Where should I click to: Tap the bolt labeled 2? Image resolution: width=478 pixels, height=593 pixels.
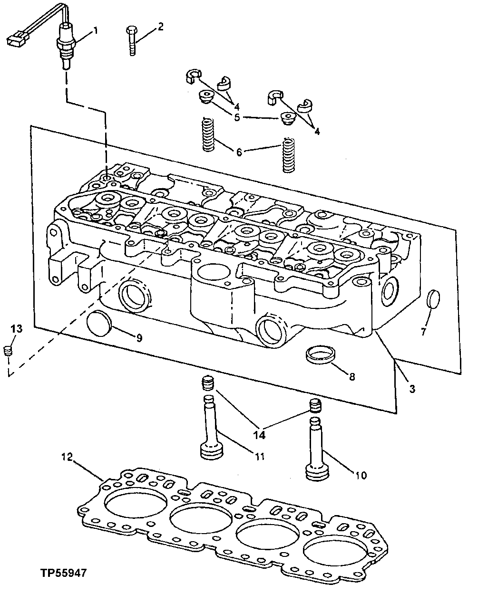coord(131,41)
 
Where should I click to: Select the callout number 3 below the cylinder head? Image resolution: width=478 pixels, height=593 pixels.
coord(412,389)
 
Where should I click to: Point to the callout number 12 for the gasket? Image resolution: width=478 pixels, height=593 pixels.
coord(68,458)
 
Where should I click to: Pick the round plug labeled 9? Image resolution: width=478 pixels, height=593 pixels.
coord(99,325)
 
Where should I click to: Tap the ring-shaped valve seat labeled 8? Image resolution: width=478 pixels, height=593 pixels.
coord(318,354)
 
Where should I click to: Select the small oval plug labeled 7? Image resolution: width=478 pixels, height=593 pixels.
coord(433,299)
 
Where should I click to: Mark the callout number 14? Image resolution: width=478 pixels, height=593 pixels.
coord(260,434)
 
